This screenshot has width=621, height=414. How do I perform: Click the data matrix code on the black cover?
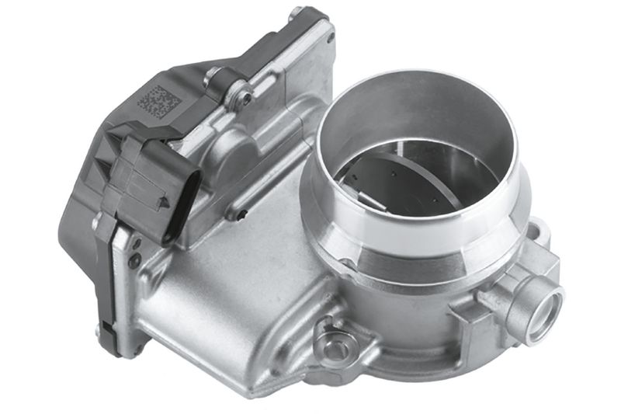coord(158,102)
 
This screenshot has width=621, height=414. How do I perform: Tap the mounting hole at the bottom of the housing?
coord(335,347)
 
